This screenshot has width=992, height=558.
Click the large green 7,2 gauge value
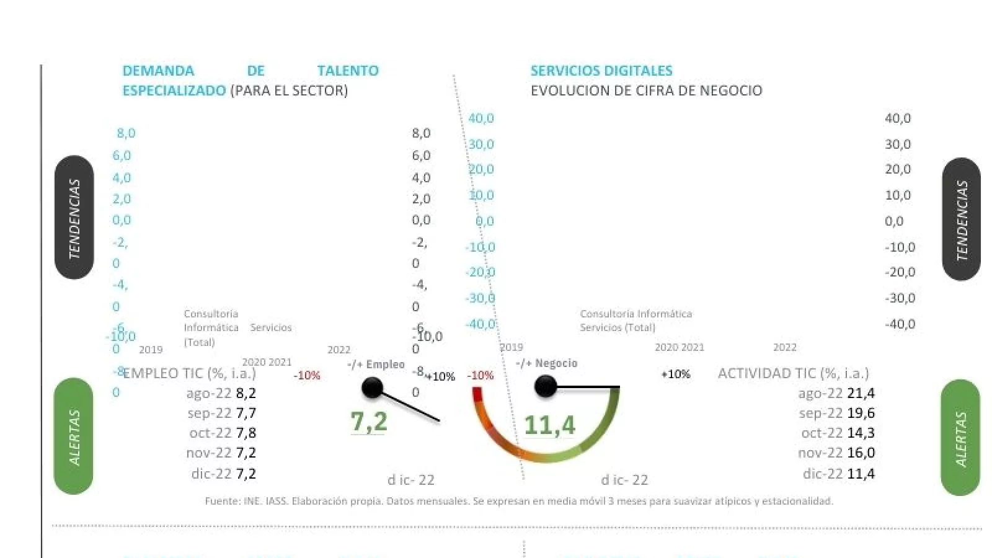(x=369, y=422)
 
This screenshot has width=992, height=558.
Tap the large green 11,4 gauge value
(x=549, y=425)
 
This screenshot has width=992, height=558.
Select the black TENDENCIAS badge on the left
(x=74, y=218)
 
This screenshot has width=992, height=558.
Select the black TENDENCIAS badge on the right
(x=962, y=219)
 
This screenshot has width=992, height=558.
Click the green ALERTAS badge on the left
(x=74, y=436)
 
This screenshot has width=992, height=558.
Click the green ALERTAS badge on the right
(x=960, y=438)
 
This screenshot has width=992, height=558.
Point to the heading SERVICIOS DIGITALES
(x=601, y=71)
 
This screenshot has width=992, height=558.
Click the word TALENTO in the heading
(x=348, y=71)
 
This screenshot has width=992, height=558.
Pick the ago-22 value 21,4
(x=861, y=393)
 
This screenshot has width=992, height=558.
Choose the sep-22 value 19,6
(x=861, y=413)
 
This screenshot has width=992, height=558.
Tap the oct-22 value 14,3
(x=861, y=433)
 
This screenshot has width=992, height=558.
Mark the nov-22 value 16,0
(x=861, y=453)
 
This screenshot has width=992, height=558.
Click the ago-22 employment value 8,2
(x=246, y=393)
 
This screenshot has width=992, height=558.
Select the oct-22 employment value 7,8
(x=246, y=433)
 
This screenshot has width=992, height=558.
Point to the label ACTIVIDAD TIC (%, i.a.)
(x=794, y=373)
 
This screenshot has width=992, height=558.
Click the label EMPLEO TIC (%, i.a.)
(x=190, y=373)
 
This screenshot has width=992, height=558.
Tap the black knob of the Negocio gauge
(x=545, y=387)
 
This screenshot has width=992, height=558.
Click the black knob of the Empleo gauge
(x=372, y=389)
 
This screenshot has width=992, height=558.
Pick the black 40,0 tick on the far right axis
(x=898, y=118)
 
